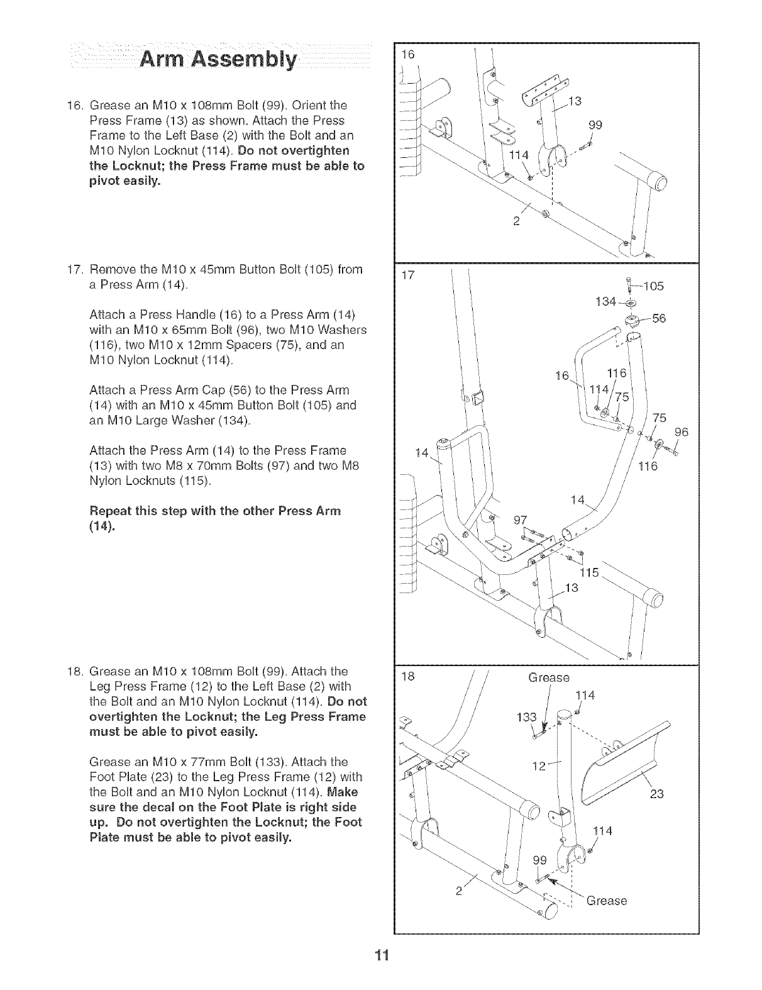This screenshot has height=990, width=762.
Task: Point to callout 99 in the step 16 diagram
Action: [595, 125]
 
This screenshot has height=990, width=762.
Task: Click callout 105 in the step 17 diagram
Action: [653, 287]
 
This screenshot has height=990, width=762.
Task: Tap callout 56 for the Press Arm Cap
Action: [658, 318]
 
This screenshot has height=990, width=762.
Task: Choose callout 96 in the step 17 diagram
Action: [682, 432]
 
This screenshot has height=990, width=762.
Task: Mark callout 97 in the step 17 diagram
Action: [520, 520]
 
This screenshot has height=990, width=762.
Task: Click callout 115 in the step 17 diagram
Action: [590, 573]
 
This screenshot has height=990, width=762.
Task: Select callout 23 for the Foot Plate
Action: [656, 794]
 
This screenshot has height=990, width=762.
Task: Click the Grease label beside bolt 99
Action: [606, 901]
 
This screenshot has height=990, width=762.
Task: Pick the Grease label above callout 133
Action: [549, 678]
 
